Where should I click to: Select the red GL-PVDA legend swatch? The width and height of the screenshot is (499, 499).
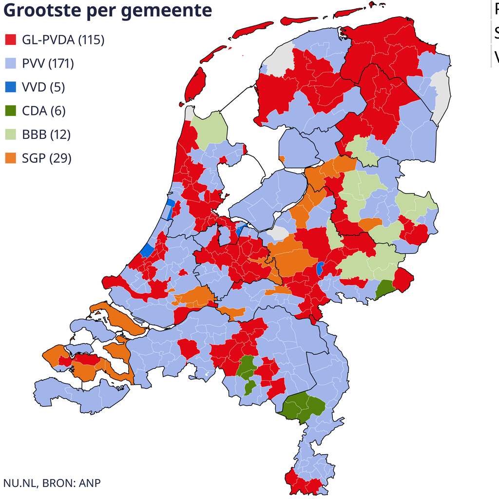[11, 40]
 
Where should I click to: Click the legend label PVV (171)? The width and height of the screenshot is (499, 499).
[48, 63]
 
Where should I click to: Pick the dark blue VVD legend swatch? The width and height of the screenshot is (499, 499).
[11, 87]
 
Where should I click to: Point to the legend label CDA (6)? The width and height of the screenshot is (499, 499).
[43, 111]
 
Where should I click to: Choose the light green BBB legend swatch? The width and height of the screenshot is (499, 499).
[11, 134]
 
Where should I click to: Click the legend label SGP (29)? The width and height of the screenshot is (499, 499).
[46, 158]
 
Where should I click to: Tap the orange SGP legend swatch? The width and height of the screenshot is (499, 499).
[11, 158]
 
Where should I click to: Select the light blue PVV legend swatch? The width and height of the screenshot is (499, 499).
[11, 63]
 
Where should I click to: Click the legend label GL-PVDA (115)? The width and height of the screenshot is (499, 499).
[63, 40]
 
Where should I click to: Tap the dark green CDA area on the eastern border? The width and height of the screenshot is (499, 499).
[385, 290]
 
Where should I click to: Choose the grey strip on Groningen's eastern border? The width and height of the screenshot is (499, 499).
[442, 95]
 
